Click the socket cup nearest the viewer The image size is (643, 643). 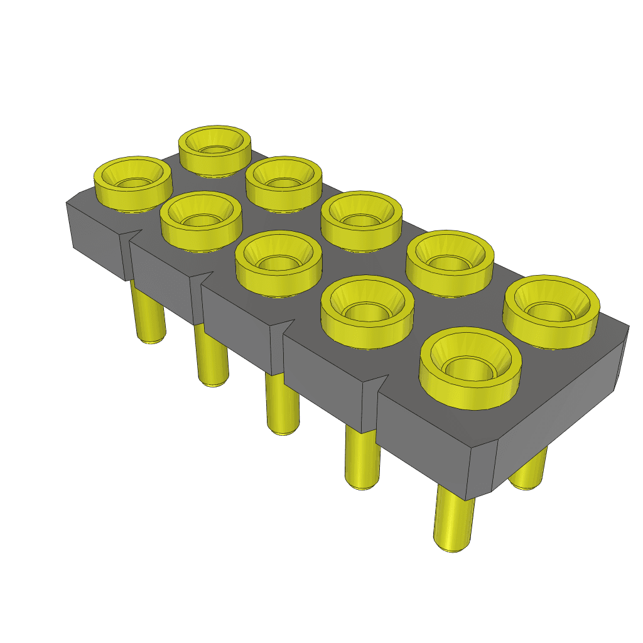(x=470, y=368)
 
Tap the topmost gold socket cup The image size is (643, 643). (x=214, y=149)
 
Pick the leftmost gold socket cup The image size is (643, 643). (x=132, y=182)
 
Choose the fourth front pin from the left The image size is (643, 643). (x=362, y=458)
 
